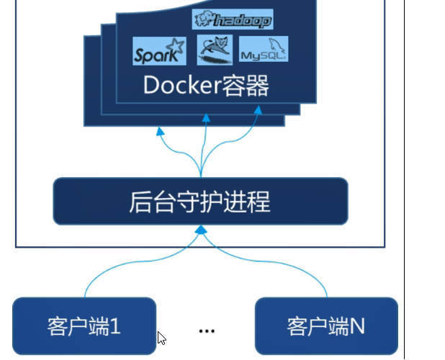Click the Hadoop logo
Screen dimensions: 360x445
point(232,20)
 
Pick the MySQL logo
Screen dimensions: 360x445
point(264,52)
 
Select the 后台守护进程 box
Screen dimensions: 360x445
point(200,201)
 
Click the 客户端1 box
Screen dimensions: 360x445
point(84,326)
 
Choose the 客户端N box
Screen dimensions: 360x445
point(326,326)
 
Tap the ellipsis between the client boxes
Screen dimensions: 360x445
point(207,330)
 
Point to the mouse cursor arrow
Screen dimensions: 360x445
point(162,337)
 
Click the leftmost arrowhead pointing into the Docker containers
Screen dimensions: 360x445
point(160,132)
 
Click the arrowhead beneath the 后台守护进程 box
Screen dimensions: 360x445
point(202,230)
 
